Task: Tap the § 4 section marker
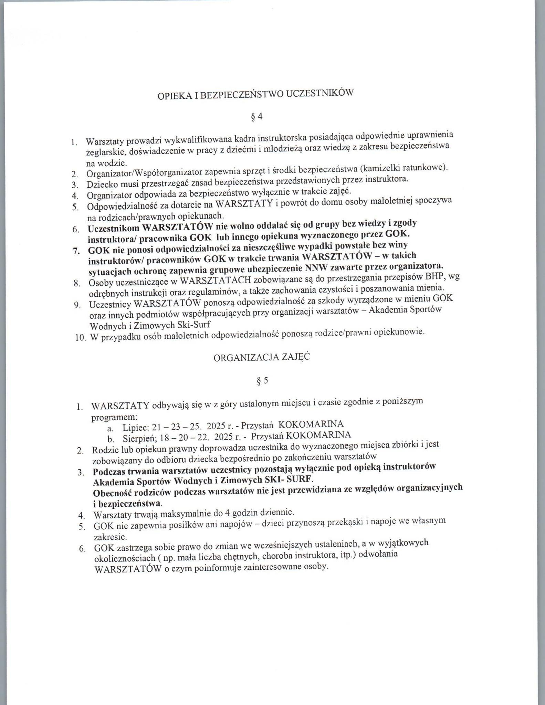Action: coord(257,117)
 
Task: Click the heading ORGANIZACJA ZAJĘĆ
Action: coord(262,358)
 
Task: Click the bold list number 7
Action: coord(76,251)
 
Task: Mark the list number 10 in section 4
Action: coord(80,338)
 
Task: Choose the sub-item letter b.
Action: coord(111,440)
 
